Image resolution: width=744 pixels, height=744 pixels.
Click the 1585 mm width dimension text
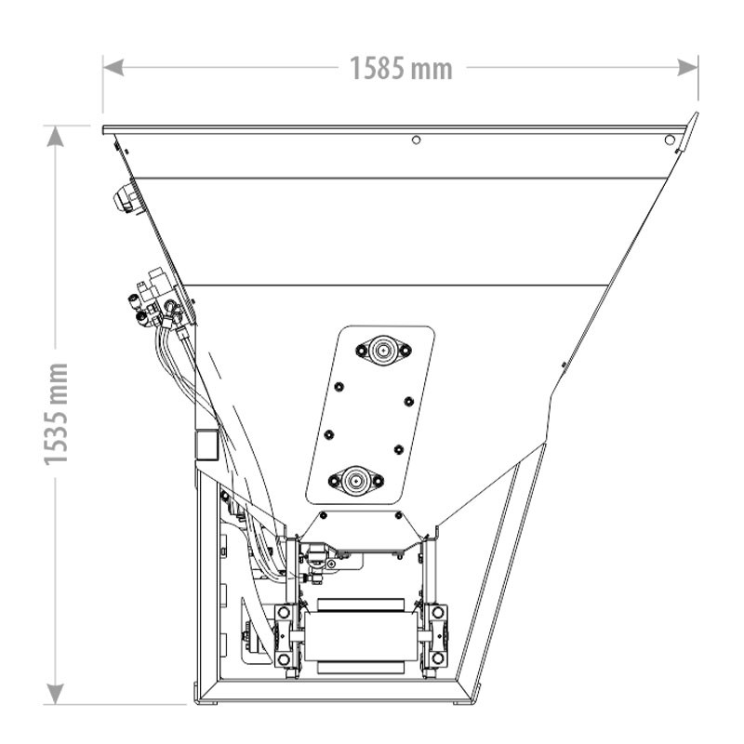coord(401,68)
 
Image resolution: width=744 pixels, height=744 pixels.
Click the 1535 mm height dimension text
coord(56,414)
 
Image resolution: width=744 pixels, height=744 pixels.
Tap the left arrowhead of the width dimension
coord(113,67)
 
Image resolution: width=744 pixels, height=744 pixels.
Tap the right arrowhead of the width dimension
coord(687,67)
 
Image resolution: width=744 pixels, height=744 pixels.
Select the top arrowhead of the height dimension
coord(56,136)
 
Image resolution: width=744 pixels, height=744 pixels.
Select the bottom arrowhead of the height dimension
coord(56,694)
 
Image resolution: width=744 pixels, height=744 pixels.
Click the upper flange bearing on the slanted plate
coord(383,351)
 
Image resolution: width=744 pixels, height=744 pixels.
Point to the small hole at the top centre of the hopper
coord(416,140)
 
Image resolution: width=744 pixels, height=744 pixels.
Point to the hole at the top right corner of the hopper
coord(670,140)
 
